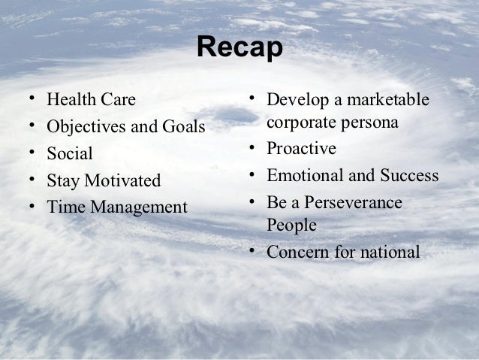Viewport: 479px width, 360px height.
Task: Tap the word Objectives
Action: (83, 126)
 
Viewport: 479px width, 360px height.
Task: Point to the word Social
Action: (70, 154)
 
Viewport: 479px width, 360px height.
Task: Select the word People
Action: (291, 225)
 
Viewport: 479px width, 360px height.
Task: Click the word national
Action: (387, 252)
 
